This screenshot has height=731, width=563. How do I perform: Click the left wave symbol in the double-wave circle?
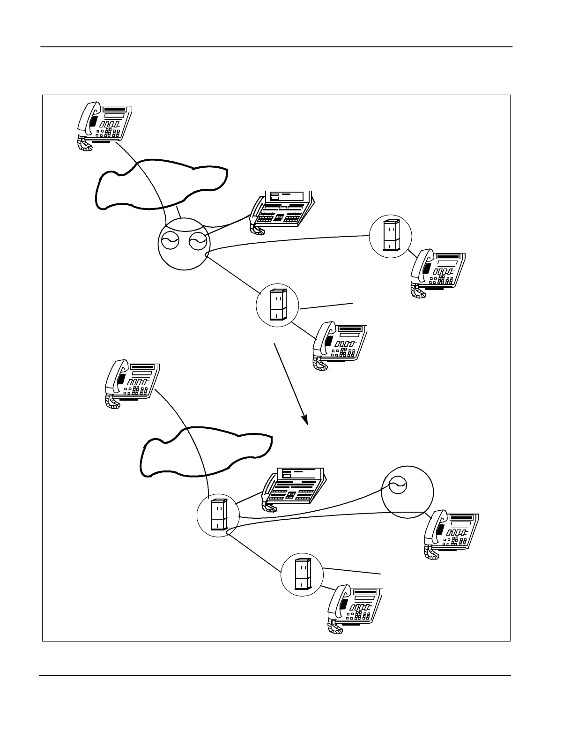(x=167, y=242)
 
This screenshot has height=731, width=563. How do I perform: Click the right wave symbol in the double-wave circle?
(x=196, y=242)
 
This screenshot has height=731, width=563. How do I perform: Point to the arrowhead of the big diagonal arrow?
(x=304, y=418)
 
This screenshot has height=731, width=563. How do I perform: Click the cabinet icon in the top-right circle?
(x=391, y=236)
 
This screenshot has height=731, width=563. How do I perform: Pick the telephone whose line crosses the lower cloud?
(x=132, y=382)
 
